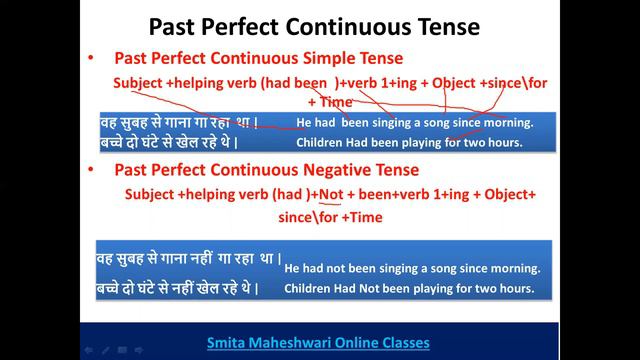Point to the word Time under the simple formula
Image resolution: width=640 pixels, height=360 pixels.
tap(336, 101)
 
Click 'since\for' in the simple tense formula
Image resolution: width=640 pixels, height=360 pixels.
tap(518, 82)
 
